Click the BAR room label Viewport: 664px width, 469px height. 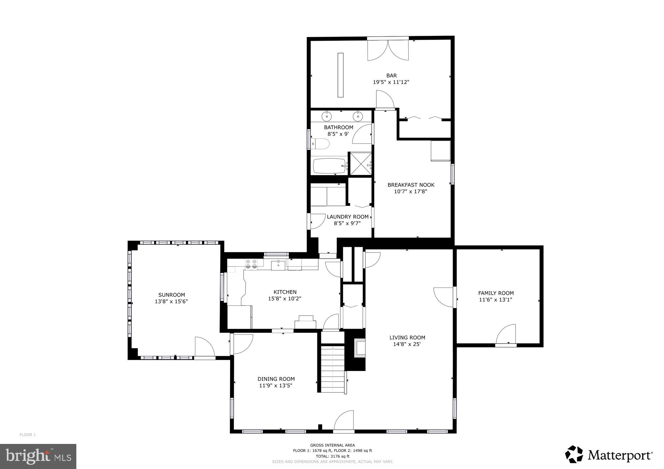(391, 76)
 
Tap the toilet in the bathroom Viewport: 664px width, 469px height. (321, 144)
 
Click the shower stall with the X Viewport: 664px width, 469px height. (360, 164)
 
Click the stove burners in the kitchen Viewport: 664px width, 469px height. (251, 263)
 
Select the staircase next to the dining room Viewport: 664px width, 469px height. (333, 368)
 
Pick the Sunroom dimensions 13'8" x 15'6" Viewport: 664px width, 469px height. (171, 302)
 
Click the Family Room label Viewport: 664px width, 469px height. (496, 293)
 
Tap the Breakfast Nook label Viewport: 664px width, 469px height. (411, 185)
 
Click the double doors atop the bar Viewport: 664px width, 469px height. (388, 50)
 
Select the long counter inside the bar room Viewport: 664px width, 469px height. (340, 75)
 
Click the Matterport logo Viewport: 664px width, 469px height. (609, 455)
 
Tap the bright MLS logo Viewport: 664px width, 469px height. (38, 456)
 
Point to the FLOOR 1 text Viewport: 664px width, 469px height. (27, 435)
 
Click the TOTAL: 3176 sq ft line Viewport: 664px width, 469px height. (332, 456)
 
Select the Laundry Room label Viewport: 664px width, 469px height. (347, 217)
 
